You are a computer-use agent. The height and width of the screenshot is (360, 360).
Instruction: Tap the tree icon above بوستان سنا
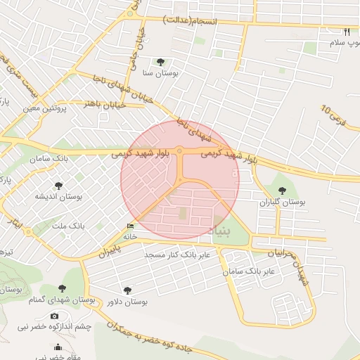[160, 62]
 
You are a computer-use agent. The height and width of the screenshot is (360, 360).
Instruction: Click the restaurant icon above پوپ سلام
[347, 32]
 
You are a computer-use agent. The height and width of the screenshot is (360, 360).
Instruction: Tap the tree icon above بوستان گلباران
[282, 191]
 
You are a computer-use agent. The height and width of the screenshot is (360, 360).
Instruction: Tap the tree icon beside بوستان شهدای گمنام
[62, 289]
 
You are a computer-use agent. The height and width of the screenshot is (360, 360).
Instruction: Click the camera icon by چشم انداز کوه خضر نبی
[55, 316]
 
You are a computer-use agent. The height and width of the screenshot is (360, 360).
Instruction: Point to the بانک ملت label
[69, 226]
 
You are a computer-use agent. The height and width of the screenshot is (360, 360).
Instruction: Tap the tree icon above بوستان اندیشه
[58, 186]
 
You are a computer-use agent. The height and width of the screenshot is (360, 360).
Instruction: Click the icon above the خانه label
[129, 226]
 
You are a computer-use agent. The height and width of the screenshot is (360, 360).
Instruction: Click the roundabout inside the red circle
[180, 150]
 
